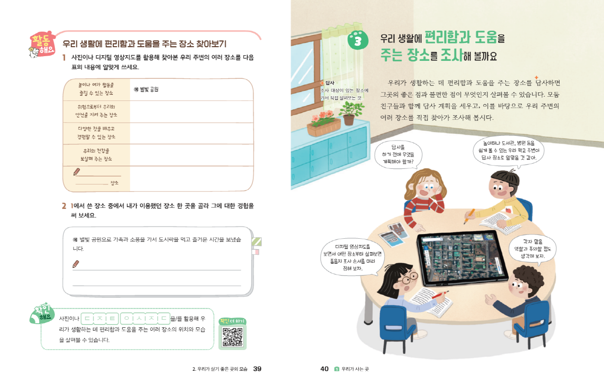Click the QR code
click(x=232, y=337)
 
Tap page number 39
click(x=257, y=369)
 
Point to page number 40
click(x=324, y=369)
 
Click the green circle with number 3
click(x=358, y=40)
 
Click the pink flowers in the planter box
click(x=322, y=117)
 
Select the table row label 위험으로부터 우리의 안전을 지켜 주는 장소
click(x=96, y=111)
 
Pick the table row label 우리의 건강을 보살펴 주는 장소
click(x=96, y=155)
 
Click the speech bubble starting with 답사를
click(x=398, y=155)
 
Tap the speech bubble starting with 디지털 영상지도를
click(x=352, y=258)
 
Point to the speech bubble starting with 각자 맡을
click(x=533, y=249)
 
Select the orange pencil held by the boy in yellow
click(x=470, y=216)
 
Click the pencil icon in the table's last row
click(x=76, y=172)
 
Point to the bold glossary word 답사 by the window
click(x=330, y=83)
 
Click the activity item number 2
click(x=64, y=206)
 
